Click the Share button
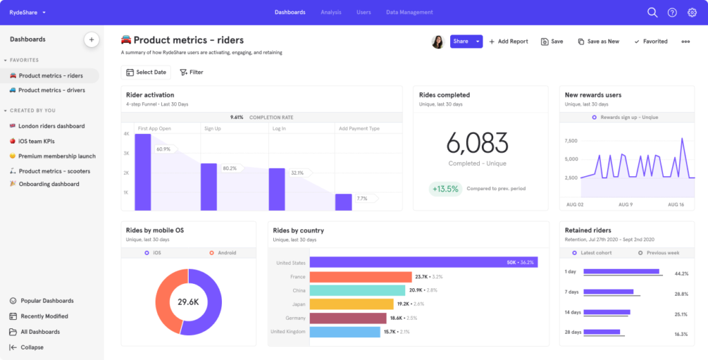click(460, 41)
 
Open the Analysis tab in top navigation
click(331, 12)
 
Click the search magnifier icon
click(652, 12)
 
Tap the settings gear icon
click(691, 12)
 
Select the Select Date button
click(146, 72)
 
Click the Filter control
click(192, 72)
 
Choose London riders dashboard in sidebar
click(51, 126)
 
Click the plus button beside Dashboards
click(91, 39)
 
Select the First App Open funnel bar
click(142, 171)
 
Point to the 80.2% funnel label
click(229, 168)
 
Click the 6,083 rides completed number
click(477, 143)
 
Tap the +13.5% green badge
click(445, 189)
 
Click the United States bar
click(423, 263)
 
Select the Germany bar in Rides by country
click(348, 318)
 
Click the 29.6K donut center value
click(188, 302)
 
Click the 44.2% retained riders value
click(680, 274)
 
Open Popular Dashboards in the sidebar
click(47, 301)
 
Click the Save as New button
click(599, 41)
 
